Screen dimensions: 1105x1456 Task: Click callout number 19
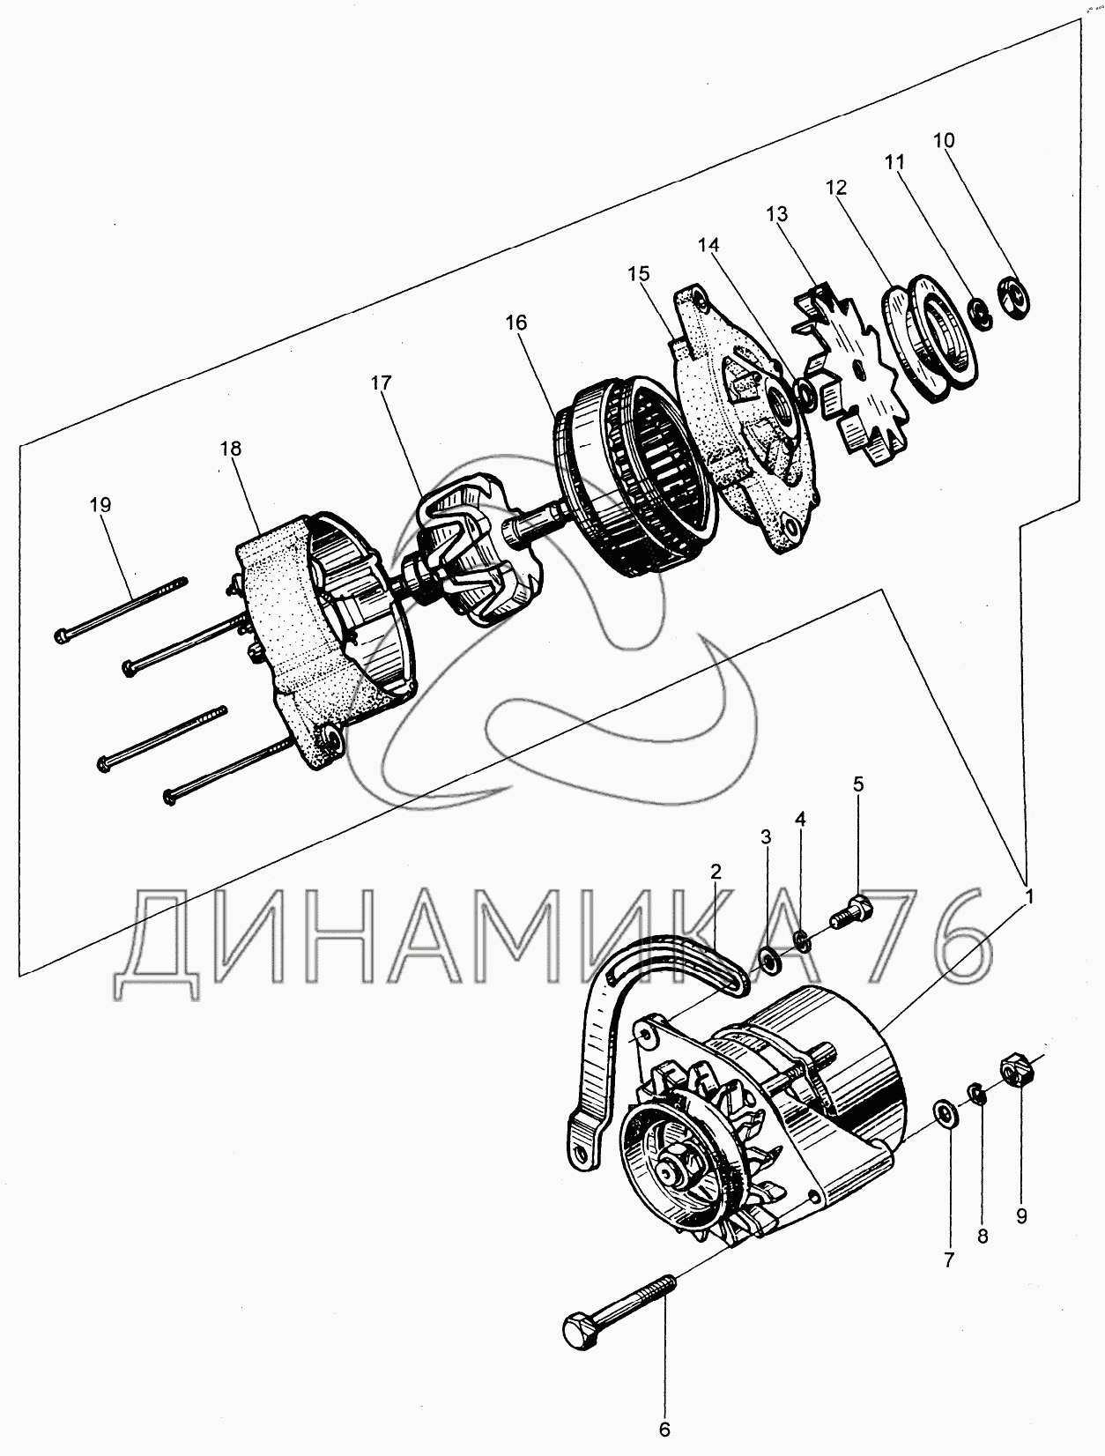tap(100, 505)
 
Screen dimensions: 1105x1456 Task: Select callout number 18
tap(231, 449)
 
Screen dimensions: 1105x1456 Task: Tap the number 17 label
tap(382, 383)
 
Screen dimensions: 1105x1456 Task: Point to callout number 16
tap(516, 323)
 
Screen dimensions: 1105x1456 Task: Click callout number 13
tap(777, 214)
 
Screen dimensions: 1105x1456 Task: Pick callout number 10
tap(944, 140)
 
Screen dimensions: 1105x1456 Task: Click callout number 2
tap(716, 872)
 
